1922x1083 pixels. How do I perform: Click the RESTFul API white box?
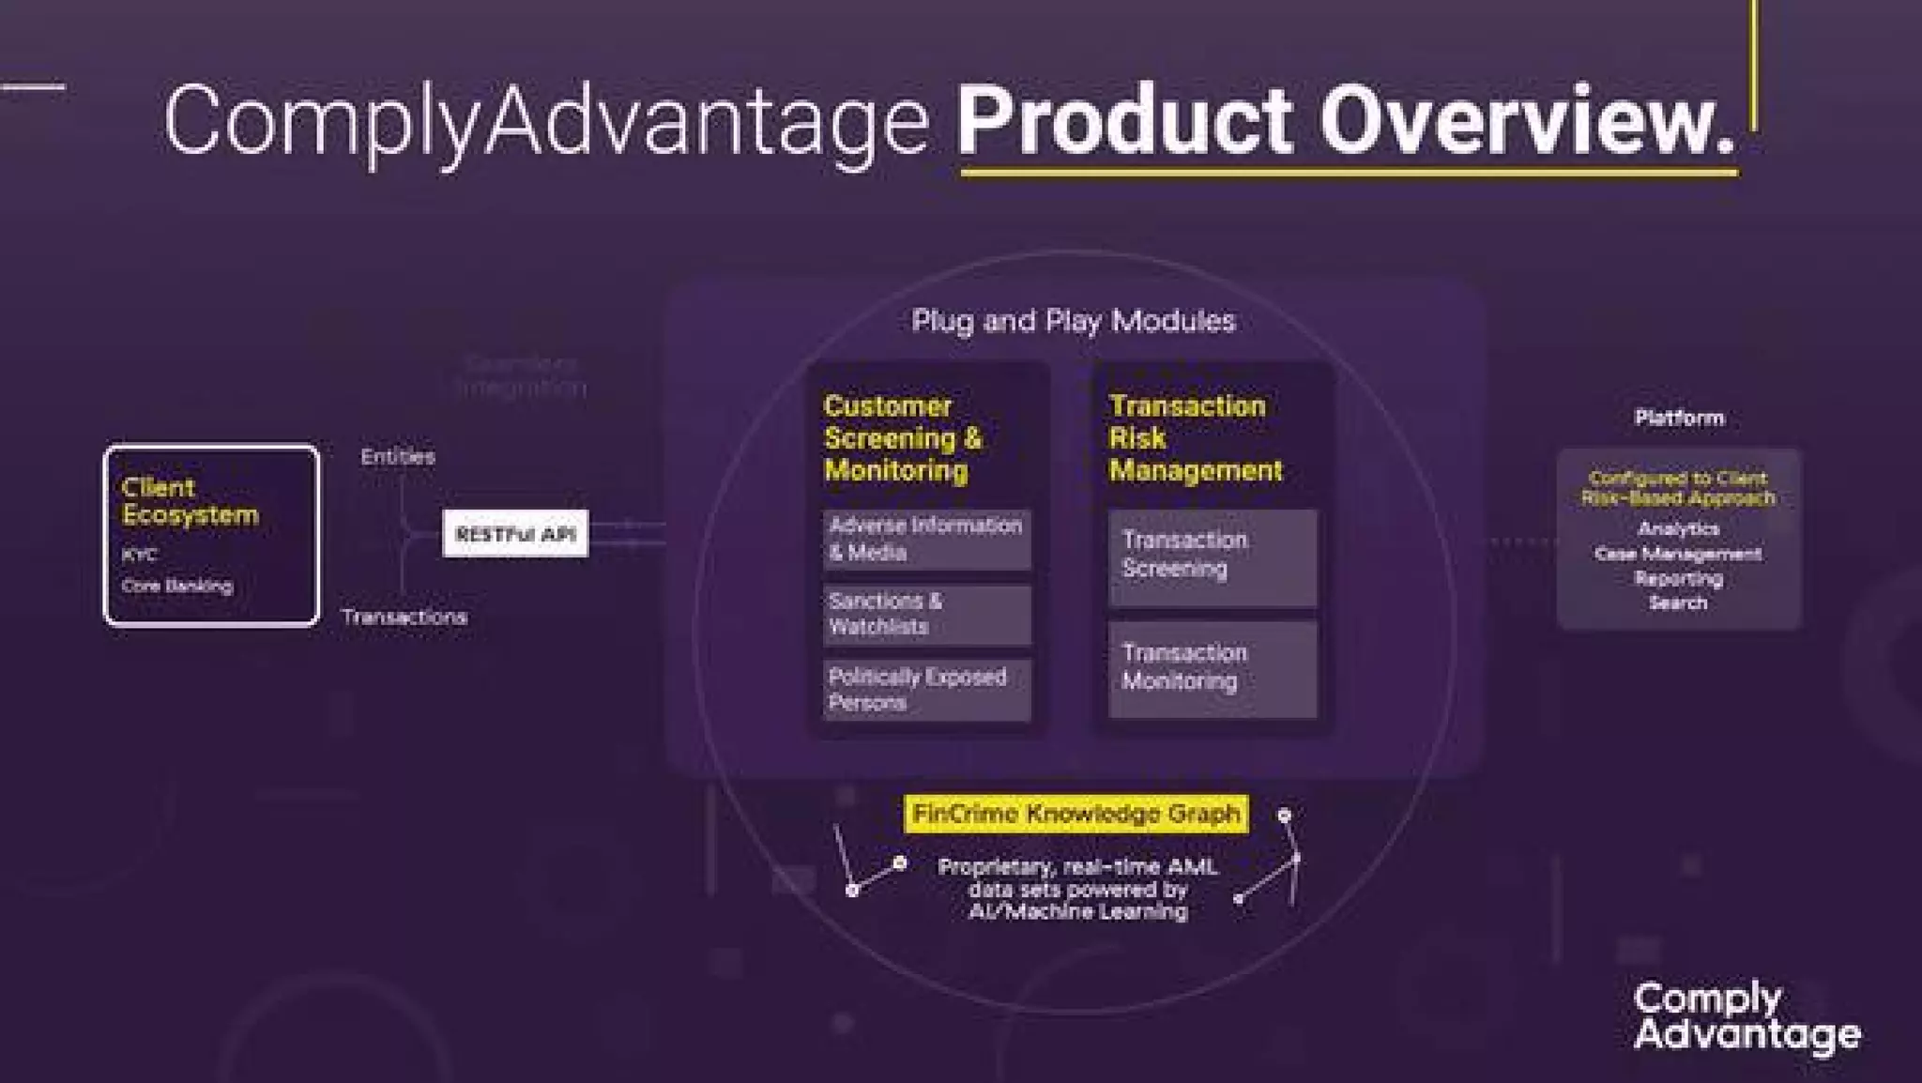515,533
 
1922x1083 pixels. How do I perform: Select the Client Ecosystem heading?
189,501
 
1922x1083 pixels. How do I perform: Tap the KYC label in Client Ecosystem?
139,555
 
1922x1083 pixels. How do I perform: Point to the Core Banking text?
176,586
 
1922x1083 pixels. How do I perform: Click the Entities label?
397,457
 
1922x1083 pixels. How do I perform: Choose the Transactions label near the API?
404,617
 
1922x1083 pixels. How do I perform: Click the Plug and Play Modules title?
1073,321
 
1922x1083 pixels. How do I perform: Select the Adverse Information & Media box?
926,539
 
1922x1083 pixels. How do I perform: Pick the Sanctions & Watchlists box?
926,614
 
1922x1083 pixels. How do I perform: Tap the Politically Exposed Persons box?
926,690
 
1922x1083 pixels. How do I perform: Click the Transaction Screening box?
1212,556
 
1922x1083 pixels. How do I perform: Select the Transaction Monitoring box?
1212,667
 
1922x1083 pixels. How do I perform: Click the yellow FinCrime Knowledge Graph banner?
1075,814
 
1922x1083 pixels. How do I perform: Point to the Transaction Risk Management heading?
1194,437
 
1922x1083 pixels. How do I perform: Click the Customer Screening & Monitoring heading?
902,437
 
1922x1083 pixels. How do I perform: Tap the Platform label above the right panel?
1678,418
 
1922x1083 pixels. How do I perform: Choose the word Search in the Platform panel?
1678,603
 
